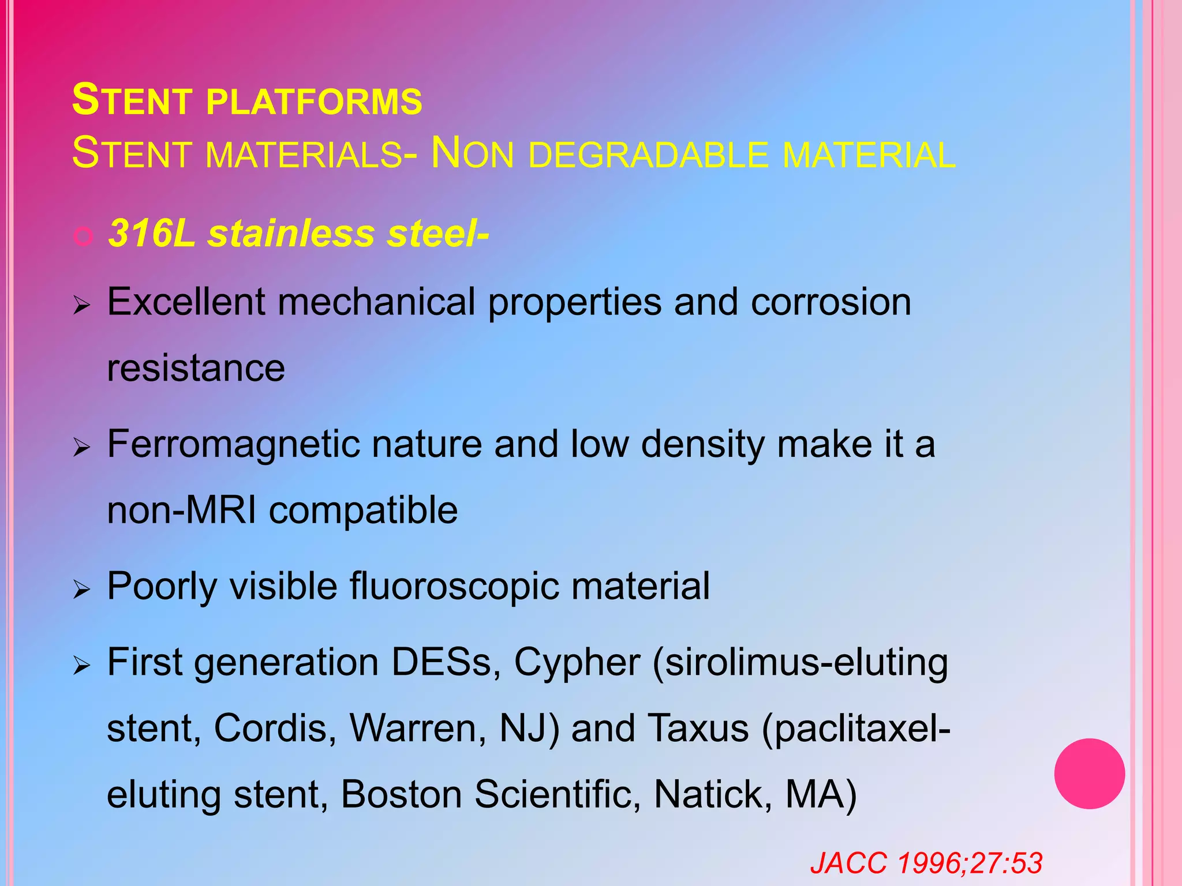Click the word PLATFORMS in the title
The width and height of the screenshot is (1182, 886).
(x=314, y=102)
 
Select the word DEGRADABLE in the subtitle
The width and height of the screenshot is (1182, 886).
(x=648, y=155)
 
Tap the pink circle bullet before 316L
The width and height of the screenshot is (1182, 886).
(x=84, y=236)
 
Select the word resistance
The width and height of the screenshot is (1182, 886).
(x=196, y=369)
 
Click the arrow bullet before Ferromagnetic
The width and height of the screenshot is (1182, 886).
(x=82, y=447)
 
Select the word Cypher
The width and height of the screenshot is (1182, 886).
(x=577, y=663)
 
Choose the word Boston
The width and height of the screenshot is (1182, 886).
(x=401, y=795)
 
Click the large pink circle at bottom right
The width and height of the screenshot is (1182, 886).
(x=1089, y=774)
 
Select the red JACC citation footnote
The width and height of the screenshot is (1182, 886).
(x=926, y=864)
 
